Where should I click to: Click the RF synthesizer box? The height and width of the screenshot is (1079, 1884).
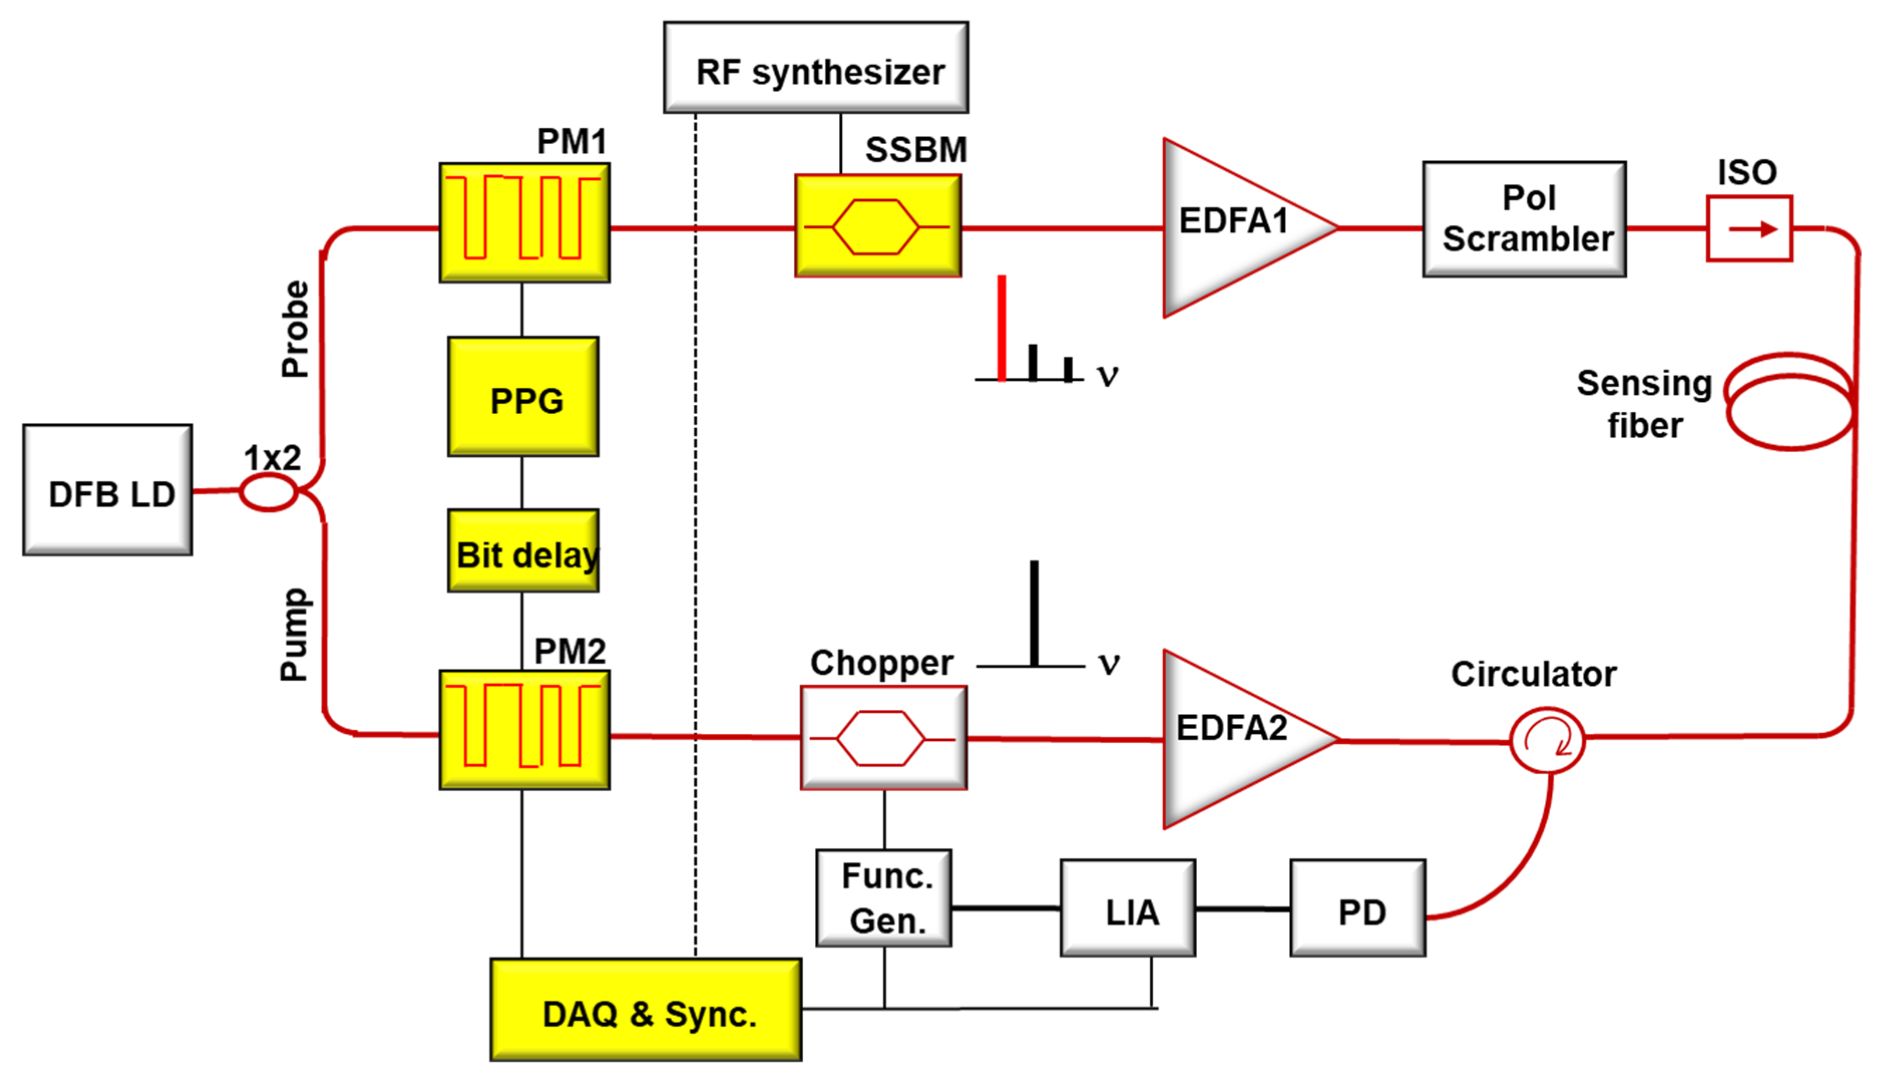click(815, 68)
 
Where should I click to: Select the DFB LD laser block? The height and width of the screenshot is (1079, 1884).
click(108, 490)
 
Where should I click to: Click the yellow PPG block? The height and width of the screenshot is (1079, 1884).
click(523, 397)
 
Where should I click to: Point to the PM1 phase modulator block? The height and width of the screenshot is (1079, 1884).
click(525, 223)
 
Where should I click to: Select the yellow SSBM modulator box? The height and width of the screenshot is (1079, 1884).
click(878, 226)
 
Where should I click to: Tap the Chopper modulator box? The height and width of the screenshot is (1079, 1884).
click(883, 738)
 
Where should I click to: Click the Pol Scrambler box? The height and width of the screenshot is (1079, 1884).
click(1525, 219)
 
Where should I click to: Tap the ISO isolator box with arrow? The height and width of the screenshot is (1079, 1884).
click(1749, 228)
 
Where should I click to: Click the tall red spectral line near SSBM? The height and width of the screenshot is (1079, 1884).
click(1001, 328)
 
